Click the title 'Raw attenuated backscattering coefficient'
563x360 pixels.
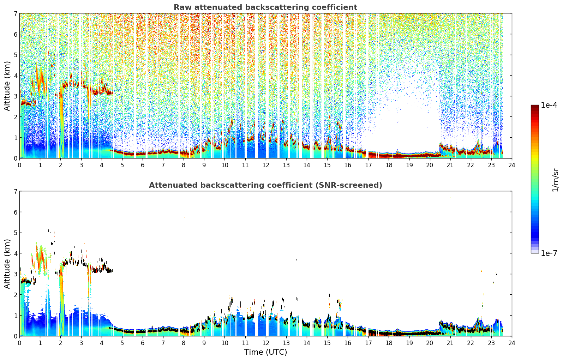[265, 7]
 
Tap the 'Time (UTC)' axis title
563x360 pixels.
[265, 352]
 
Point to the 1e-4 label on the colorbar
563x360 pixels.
[549, 105]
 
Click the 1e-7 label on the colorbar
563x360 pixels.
[549, 253]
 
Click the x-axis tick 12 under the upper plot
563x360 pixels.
[266, 165]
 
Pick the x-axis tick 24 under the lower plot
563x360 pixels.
[512, 343]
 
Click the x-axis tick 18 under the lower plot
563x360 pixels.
[389, 343]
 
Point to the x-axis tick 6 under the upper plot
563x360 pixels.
[143, 165]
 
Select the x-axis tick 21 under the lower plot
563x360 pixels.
[450, 343]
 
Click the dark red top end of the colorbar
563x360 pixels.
[535, 106]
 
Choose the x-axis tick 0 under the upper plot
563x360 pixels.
[20, 165]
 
